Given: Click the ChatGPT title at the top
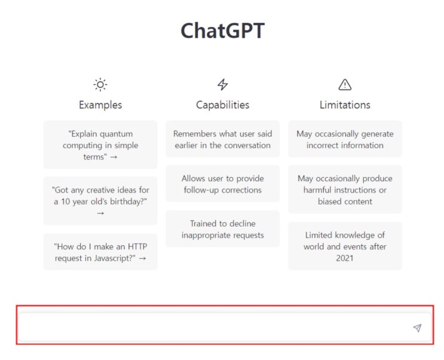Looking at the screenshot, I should point(222,31).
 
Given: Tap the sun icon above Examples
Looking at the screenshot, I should point(100,84).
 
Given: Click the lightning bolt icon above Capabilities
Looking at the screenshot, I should point(223,84).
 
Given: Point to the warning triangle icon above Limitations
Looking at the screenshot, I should point(345,84).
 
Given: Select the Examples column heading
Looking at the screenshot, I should point(100,105).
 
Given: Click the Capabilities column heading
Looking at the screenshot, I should point(223,105).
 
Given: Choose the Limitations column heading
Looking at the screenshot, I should point(345,105).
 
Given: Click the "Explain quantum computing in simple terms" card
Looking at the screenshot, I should point(100,145).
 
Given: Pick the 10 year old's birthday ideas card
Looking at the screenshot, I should point(100,201).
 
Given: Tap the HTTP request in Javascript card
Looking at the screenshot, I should point(100,252).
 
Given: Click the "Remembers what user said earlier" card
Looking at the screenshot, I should point(223,139).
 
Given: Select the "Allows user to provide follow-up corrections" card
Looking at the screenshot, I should point(223,184).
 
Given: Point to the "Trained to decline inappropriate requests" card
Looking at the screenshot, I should point(223,229).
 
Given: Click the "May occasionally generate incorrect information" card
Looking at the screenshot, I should point(345,139).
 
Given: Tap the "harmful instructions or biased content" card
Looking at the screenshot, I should point(345,190).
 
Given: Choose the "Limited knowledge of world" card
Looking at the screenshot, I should point(345,246).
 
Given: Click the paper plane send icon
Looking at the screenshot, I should point(417,328).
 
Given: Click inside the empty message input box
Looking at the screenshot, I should point(215,328).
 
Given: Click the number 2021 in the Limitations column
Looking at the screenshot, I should point(345,258).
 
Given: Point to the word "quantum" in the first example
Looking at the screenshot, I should point(116,134).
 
